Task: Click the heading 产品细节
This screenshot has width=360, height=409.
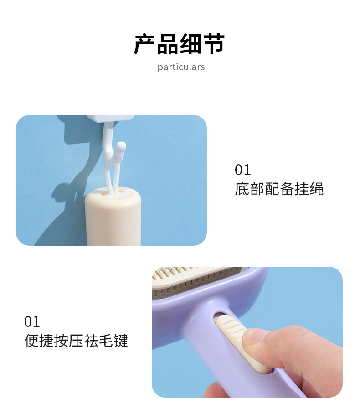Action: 180,44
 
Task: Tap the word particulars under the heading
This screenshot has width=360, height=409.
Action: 181,67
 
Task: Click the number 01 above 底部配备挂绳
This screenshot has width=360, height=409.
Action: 243,170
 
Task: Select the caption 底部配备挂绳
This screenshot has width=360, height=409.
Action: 279,189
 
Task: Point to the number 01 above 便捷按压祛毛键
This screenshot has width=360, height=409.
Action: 32,321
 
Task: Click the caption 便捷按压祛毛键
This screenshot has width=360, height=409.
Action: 76,341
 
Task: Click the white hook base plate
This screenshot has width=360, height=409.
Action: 111,119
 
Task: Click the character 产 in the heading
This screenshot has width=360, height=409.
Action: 144,44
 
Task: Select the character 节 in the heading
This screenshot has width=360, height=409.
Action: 214,44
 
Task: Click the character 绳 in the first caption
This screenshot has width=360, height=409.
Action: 316,189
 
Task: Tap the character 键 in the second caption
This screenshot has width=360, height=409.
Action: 121,341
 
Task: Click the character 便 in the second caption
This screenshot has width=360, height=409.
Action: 31,341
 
